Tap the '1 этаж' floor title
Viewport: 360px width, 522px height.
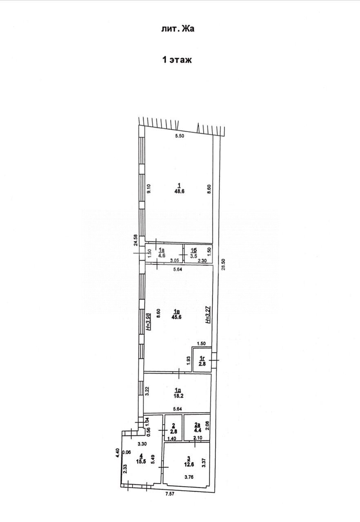pos(177,60)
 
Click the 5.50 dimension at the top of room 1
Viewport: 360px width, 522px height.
pos(179,136)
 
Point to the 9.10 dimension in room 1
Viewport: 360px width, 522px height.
pos(149,190)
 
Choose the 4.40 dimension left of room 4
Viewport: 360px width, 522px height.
pos(117,453)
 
